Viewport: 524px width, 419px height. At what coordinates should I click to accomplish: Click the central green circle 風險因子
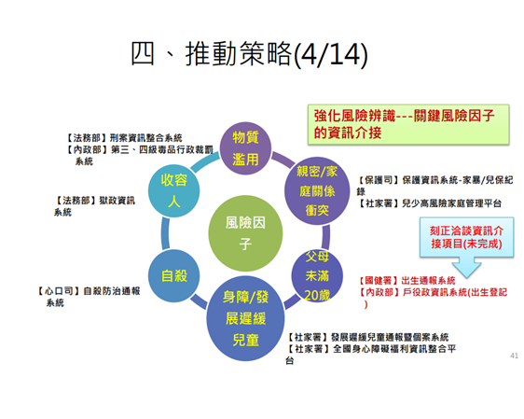245,233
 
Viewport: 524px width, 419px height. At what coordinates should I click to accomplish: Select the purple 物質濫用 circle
245,148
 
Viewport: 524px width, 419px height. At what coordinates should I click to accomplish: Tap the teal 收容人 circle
173,191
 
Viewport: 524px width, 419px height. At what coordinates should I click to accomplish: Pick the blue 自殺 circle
173,276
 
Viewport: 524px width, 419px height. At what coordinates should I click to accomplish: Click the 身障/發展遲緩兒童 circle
245,318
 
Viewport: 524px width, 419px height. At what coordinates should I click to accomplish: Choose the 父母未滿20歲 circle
317,276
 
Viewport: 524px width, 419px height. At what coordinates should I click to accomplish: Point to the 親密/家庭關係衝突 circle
317,191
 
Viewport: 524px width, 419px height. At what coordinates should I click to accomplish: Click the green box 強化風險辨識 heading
408,124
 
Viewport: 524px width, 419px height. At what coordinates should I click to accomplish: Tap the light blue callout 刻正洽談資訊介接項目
466,237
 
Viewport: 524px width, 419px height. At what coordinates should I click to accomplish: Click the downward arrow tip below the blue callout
467,277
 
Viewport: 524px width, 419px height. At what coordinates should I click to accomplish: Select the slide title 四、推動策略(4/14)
249,54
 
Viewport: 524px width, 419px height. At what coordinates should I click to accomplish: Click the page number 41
515,356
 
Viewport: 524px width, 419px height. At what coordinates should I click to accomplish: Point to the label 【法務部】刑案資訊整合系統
124,138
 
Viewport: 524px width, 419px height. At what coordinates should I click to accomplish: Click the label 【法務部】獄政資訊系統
94,206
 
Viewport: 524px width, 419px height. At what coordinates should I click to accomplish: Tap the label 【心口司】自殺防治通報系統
89,297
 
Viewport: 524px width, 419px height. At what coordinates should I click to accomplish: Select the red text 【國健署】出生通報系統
407,280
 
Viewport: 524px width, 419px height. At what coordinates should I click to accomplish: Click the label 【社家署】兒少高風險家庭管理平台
430,203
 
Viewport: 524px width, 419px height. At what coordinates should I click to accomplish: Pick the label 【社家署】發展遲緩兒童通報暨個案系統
367,337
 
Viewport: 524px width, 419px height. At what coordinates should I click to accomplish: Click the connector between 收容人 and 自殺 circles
165,233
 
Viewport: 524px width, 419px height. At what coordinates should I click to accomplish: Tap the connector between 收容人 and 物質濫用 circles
205,161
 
